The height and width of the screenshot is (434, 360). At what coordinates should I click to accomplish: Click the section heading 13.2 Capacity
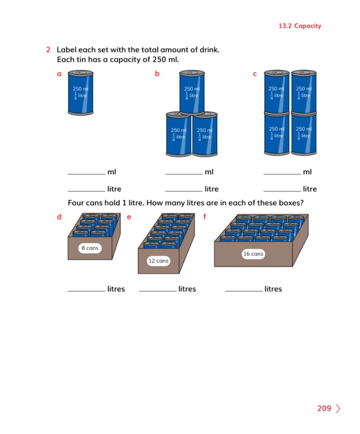point(300,26)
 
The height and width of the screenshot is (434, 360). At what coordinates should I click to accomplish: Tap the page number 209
point(324,408)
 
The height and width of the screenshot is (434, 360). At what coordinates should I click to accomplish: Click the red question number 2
point(48,50)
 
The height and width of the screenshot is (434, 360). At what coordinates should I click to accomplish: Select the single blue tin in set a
point(81,93)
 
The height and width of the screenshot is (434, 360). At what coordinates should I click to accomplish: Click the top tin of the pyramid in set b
point(192,92)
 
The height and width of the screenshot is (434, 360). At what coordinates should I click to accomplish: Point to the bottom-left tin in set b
point(178,134)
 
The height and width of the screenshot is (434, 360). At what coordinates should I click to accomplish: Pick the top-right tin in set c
point(304,92)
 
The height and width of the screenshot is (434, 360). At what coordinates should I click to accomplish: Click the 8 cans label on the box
point(90,248)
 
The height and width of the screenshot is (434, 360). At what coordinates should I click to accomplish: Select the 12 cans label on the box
point(158,261)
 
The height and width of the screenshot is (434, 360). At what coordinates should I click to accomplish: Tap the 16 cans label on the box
point(253,254)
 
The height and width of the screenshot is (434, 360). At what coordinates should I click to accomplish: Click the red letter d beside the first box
point(59,217)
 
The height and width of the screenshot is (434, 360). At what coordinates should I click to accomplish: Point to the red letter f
point(204,216)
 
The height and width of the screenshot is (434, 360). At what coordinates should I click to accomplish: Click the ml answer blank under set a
point(86,174)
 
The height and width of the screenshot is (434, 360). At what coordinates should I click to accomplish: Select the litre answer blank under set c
point(282,191)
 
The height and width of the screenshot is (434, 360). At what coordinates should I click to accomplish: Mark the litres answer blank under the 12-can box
point(158,291)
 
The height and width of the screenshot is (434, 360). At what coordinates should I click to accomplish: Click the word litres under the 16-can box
point(273,289)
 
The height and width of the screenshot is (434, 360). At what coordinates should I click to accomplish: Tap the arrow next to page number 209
point(338,408)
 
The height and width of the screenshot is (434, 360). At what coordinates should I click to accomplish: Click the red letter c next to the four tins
point(255,74)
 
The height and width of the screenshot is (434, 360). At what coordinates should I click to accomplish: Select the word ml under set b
point(209,172)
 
